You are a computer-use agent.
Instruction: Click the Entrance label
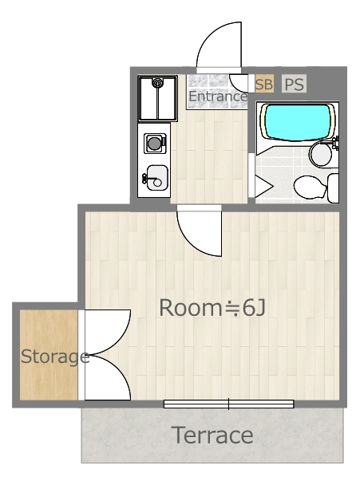(217, 97)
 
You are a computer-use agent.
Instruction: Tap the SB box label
(263, 84)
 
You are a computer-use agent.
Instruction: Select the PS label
(294, 84)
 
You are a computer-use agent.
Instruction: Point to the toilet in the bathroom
(314, 187)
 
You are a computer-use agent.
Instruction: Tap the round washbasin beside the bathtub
(321, 154)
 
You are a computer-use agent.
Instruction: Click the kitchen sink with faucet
(156, 178)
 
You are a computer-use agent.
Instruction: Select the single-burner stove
(154, 144)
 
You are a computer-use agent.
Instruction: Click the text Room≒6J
(212, 307)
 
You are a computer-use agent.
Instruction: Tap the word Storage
(54, 356)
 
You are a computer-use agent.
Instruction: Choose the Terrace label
(212, 436)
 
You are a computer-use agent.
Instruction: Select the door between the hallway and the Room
(200, 229)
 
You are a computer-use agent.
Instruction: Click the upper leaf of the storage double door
(105, 330)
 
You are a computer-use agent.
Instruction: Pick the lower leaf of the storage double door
(105, 377)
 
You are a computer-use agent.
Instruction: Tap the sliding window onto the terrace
(229, 404)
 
